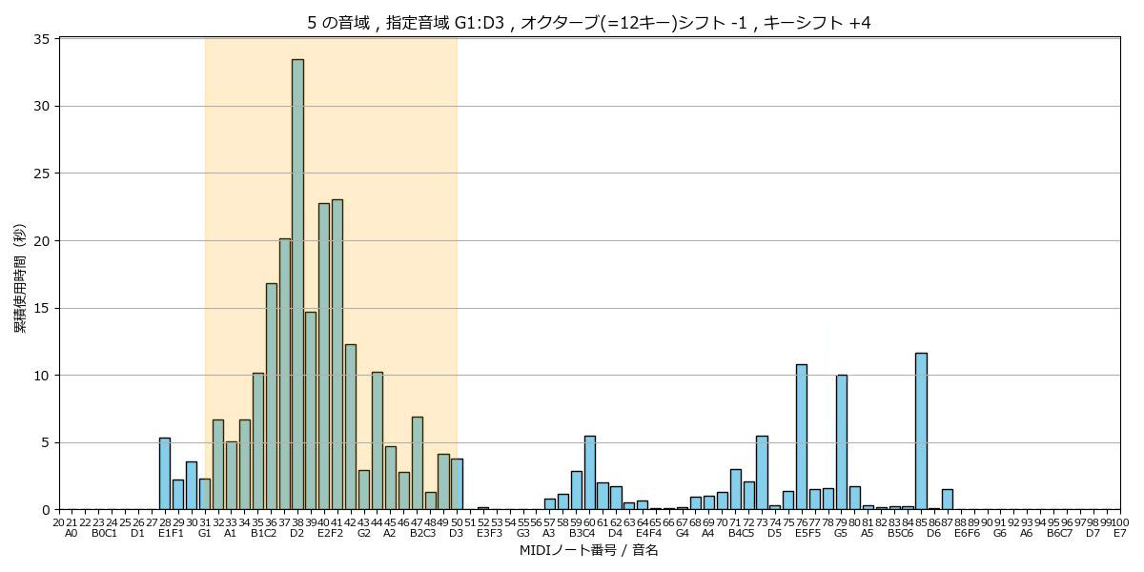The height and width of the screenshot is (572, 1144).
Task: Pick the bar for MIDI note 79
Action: pyautogui.click(x=842, y=442)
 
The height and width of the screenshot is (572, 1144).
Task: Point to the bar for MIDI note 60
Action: pyautogui.click(x=589, y=473)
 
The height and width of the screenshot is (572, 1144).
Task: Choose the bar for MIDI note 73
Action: pyautogui.click(x=762, y=473)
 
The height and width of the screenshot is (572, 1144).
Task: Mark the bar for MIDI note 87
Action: pyautogui.click(x=948, y=500)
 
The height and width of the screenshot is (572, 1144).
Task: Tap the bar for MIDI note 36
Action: pyautogui.click(x=271, y=397)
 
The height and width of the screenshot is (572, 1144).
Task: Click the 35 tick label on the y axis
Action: pyautogui.click(x=42, y=39)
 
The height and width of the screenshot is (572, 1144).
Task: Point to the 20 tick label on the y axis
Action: pyautogui.click(x=42, y=241)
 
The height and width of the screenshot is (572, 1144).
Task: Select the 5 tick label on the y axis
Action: pyautogui.click(x=46, y=442)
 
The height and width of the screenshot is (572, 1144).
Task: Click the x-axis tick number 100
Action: pyautogui.click(x=1120, y=521)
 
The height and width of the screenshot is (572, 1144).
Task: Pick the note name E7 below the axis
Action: pyautogui.click(x=1120, y=533)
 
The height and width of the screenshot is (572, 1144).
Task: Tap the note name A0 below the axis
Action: pyautogui.click(x=71, y=533)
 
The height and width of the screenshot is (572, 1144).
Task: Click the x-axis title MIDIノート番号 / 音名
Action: pyautogui.click(x=588, y=551)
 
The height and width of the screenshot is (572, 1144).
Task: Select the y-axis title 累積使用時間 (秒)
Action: pyautogui.click(x=20, y=277)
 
